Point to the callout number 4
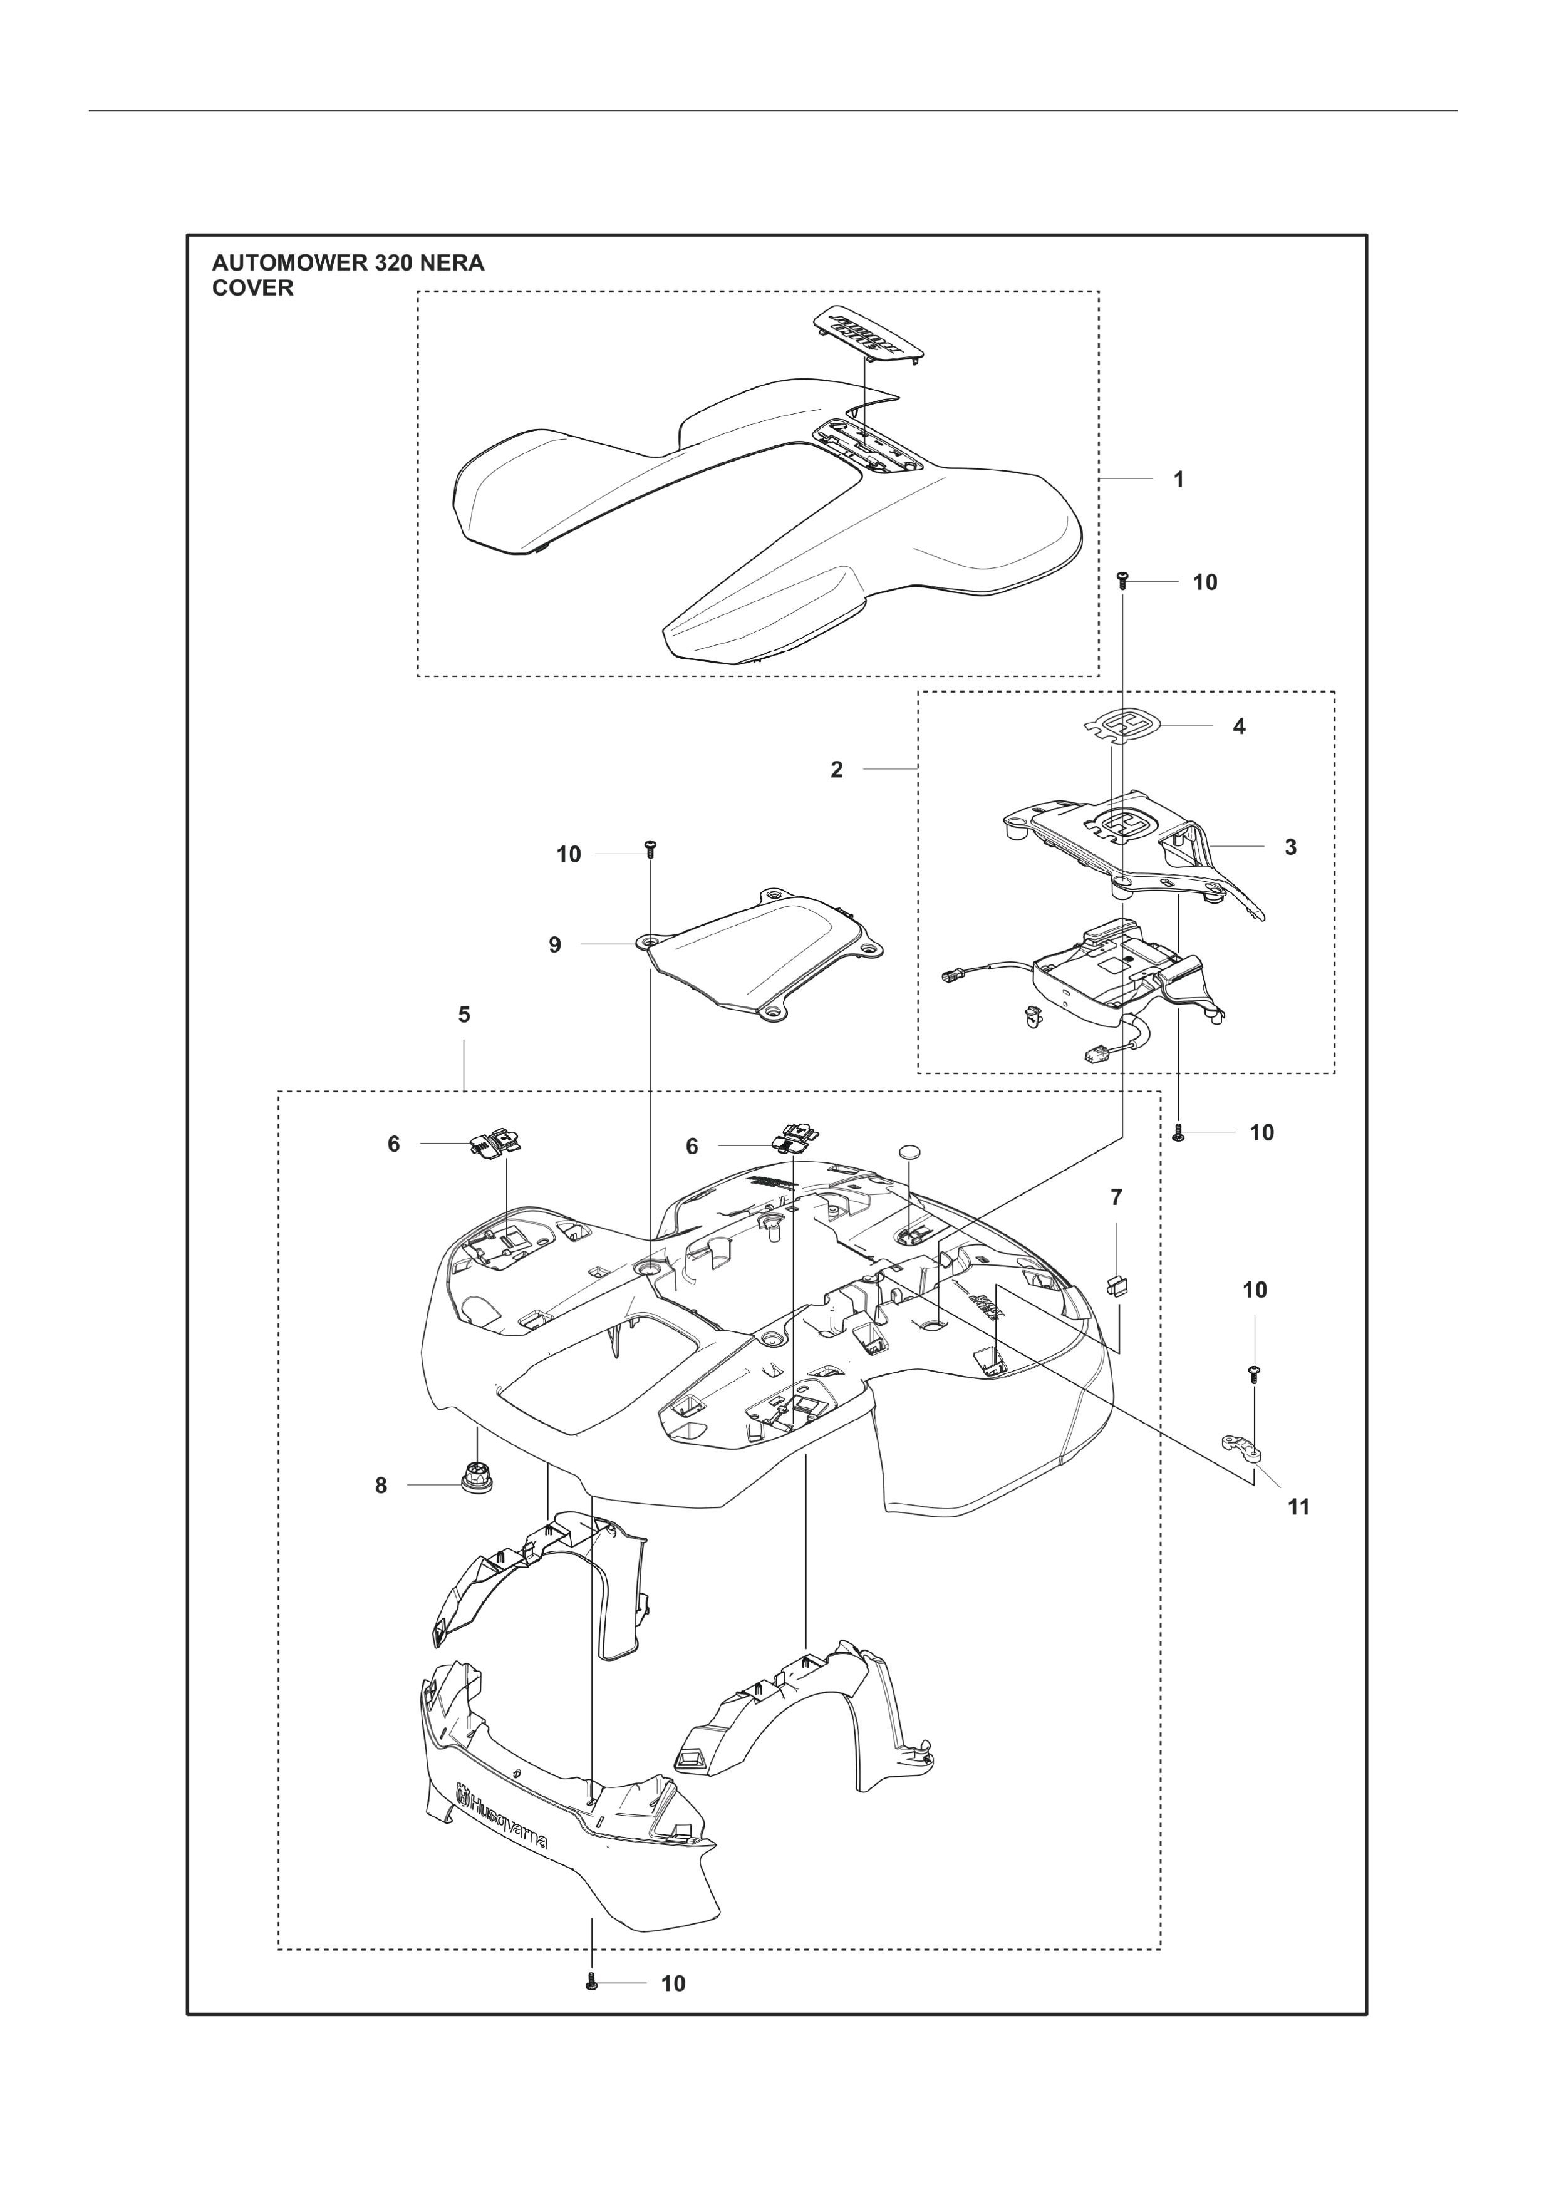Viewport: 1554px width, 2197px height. tap(1239, 726)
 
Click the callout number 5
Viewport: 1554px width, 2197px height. tap(464, 1015)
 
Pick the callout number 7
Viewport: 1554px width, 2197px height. tap(1116, 1197)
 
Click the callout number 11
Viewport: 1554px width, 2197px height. tap(1298, 1507)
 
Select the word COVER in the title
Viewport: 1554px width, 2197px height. tap(252, 288)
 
